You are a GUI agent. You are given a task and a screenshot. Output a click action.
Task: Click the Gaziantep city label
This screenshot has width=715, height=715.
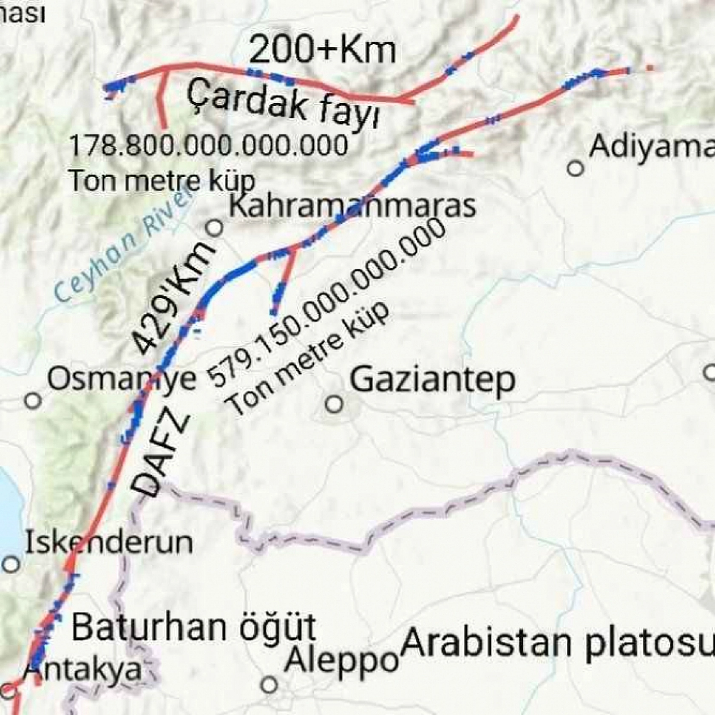(432, 380)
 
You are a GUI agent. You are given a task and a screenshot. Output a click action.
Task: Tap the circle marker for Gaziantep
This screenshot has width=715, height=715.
(335, 403)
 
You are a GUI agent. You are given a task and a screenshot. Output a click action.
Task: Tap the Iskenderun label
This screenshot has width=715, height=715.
(109, 543)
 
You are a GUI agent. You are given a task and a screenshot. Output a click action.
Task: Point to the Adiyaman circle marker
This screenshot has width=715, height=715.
(576, 168)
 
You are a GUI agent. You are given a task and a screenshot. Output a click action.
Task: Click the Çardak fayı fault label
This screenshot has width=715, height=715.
(283, 105)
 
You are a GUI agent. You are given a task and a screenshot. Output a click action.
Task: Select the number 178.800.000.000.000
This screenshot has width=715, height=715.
(208, 146)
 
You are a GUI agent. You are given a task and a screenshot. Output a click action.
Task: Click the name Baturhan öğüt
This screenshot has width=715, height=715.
(193, 627)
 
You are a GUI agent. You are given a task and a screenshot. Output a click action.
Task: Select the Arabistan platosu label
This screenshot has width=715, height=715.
(557, 642)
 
